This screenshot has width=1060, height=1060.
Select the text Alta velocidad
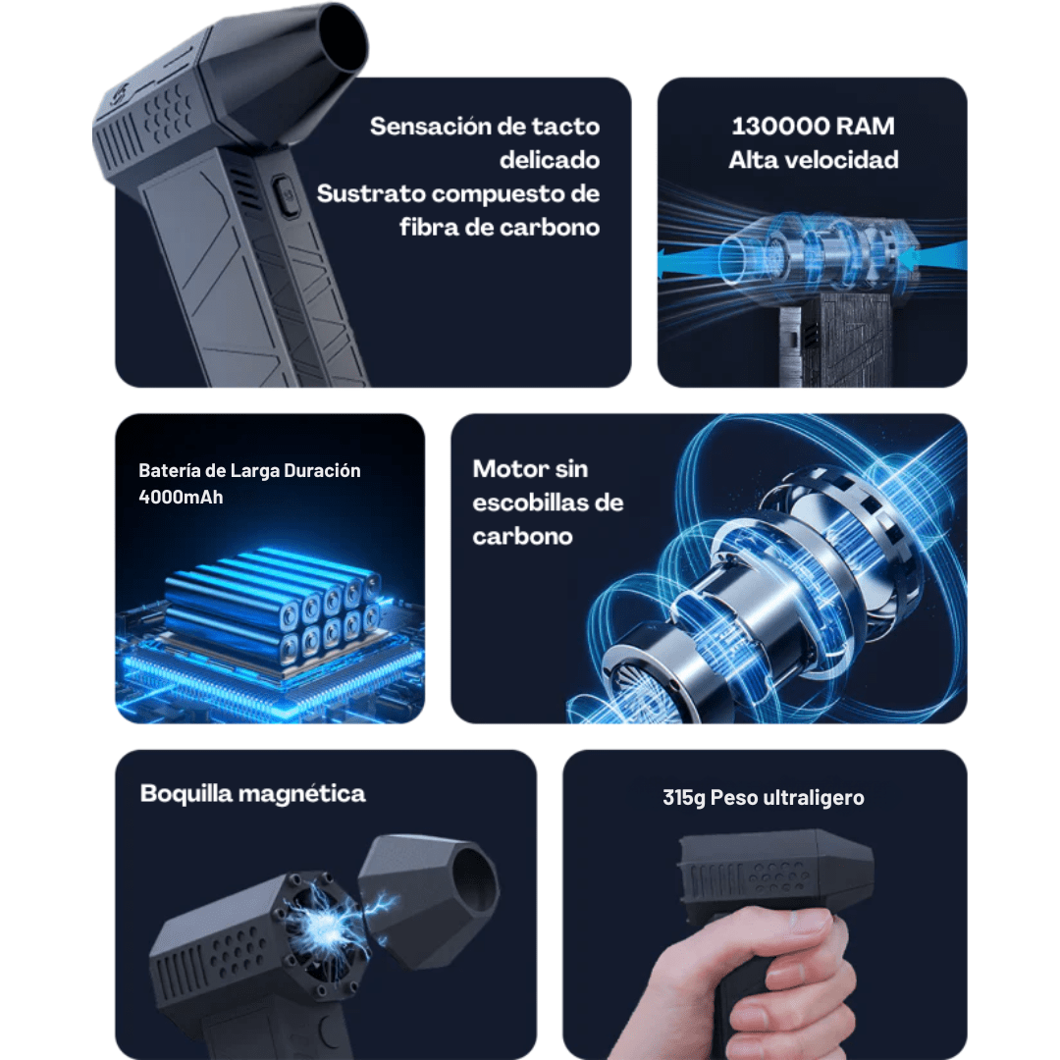pos(813,160)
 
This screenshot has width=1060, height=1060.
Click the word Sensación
pos(430,127)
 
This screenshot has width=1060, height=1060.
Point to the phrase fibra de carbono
pos(500,228)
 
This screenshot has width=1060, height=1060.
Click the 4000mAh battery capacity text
pos(181,497)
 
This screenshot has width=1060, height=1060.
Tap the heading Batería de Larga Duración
pos(249,471)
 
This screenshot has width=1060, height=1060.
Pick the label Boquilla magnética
pos(252,793)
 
